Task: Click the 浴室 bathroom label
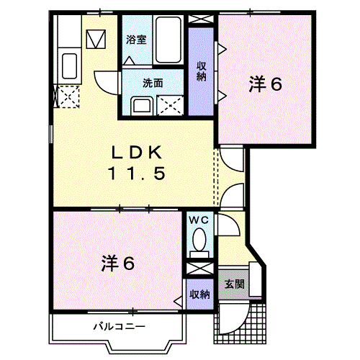tap(136, 40)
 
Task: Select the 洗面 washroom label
tap(152, 82)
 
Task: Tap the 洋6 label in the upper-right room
tap(265, 84)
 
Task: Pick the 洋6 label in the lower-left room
tap(118, 264)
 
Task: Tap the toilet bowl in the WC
tap(199, 240)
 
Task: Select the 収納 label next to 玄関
tap(199, 294)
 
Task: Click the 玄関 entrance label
tap(234, 284)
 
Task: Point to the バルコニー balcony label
tap(118, 326)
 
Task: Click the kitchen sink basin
tap(71, 67)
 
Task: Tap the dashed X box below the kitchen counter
tap(66, 96)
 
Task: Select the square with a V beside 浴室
tap(96, 38)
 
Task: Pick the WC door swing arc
tap(229, 225)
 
